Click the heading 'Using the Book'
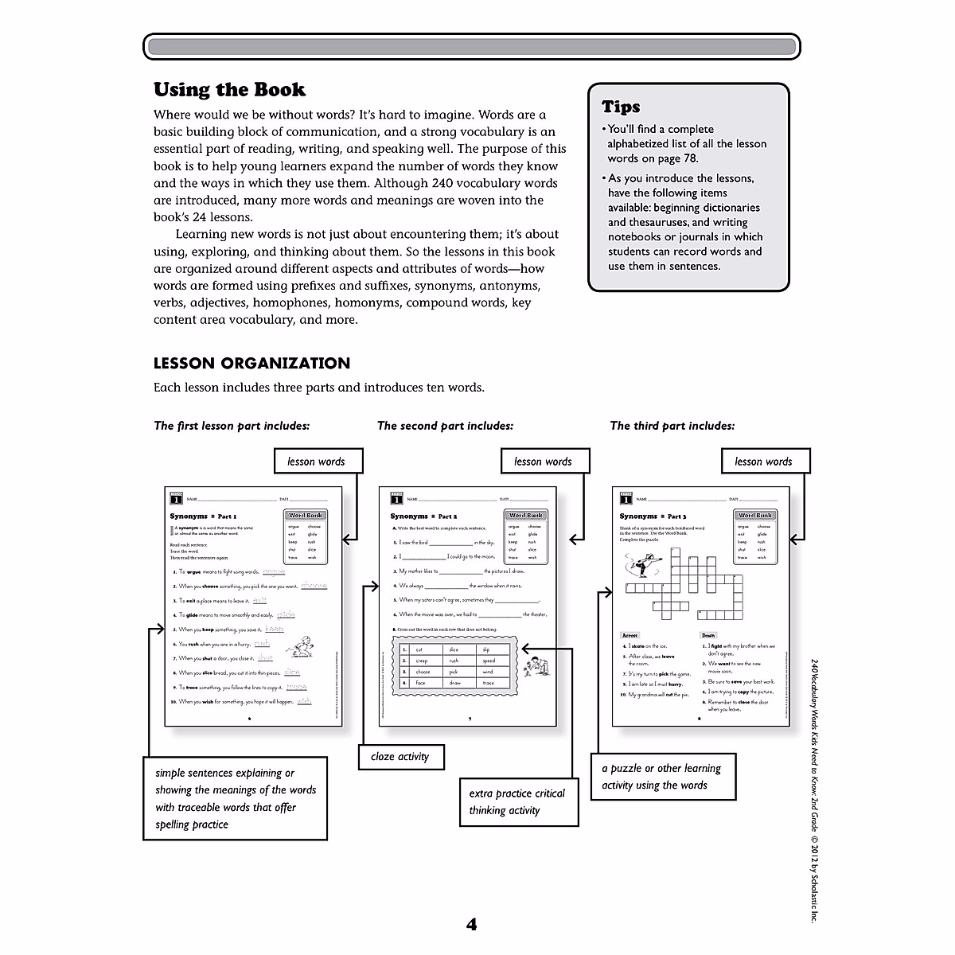click(229, 90)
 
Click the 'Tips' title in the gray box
click(621, 107)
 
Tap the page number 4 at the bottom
click(471, 925)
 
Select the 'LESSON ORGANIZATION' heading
click(251, 364)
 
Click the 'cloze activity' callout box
click(400, 757)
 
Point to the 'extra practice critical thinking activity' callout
click(517, 802)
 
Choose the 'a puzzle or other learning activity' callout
click(662, 777)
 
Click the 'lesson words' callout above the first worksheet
click(316, 462)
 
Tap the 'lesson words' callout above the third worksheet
click(763, 462)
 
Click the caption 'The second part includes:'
click(445, 426)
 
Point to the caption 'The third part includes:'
click(672, 426)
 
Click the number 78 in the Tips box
click(689, 158)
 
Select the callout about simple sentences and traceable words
click(236, 799)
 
